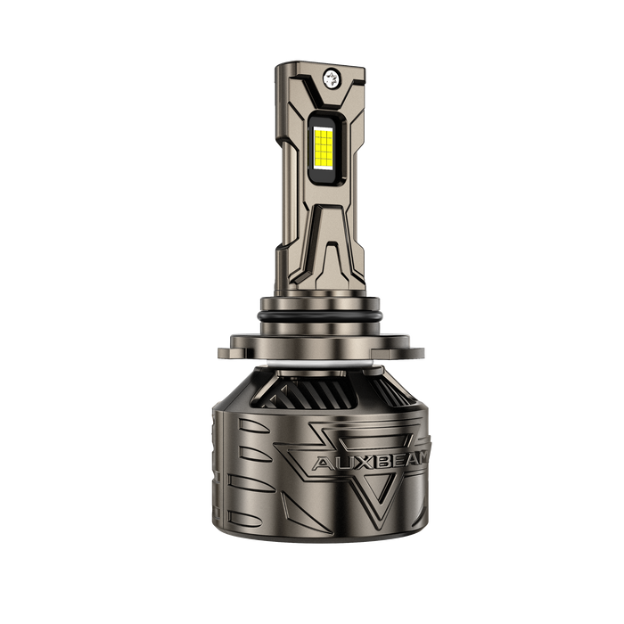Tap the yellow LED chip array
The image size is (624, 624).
pos(324,147)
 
